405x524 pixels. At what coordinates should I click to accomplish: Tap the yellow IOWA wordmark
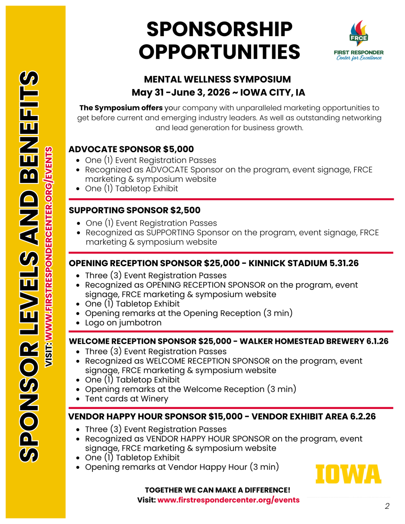pos(348,474)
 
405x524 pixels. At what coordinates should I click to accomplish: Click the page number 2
pos(387,506)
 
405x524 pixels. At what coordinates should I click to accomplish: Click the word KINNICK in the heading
pos(268,263)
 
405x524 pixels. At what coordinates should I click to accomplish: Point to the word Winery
pos(154,399)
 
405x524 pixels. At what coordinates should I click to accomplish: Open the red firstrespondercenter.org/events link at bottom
pos(228,500)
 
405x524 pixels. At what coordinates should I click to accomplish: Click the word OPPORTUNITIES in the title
pos(219,52)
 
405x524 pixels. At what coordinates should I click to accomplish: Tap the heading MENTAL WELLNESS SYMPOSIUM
pos(217,79)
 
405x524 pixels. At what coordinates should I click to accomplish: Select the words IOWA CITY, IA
pos(272,92)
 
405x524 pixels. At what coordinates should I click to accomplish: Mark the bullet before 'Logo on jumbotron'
pos(78,323)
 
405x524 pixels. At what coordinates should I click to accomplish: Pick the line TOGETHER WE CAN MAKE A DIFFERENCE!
pos(217,490)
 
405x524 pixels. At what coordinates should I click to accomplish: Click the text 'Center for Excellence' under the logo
pos(359,58)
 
